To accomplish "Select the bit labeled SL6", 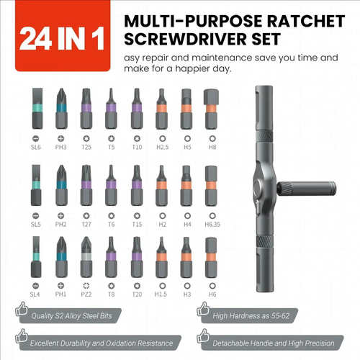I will click(x=36, y=108).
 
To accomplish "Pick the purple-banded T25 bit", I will click(x=86, y=108).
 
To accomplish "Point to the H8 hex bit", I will click(x=211, y=108).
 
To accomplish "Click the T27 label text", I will click(x=86, y=224).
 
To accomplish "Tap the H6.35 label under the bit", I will click(x=211, y=224).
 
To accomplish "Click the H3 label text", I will click(x=186, y=294).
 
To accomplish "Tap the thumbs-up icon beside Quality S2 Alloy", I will click(x=21, y=312).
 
